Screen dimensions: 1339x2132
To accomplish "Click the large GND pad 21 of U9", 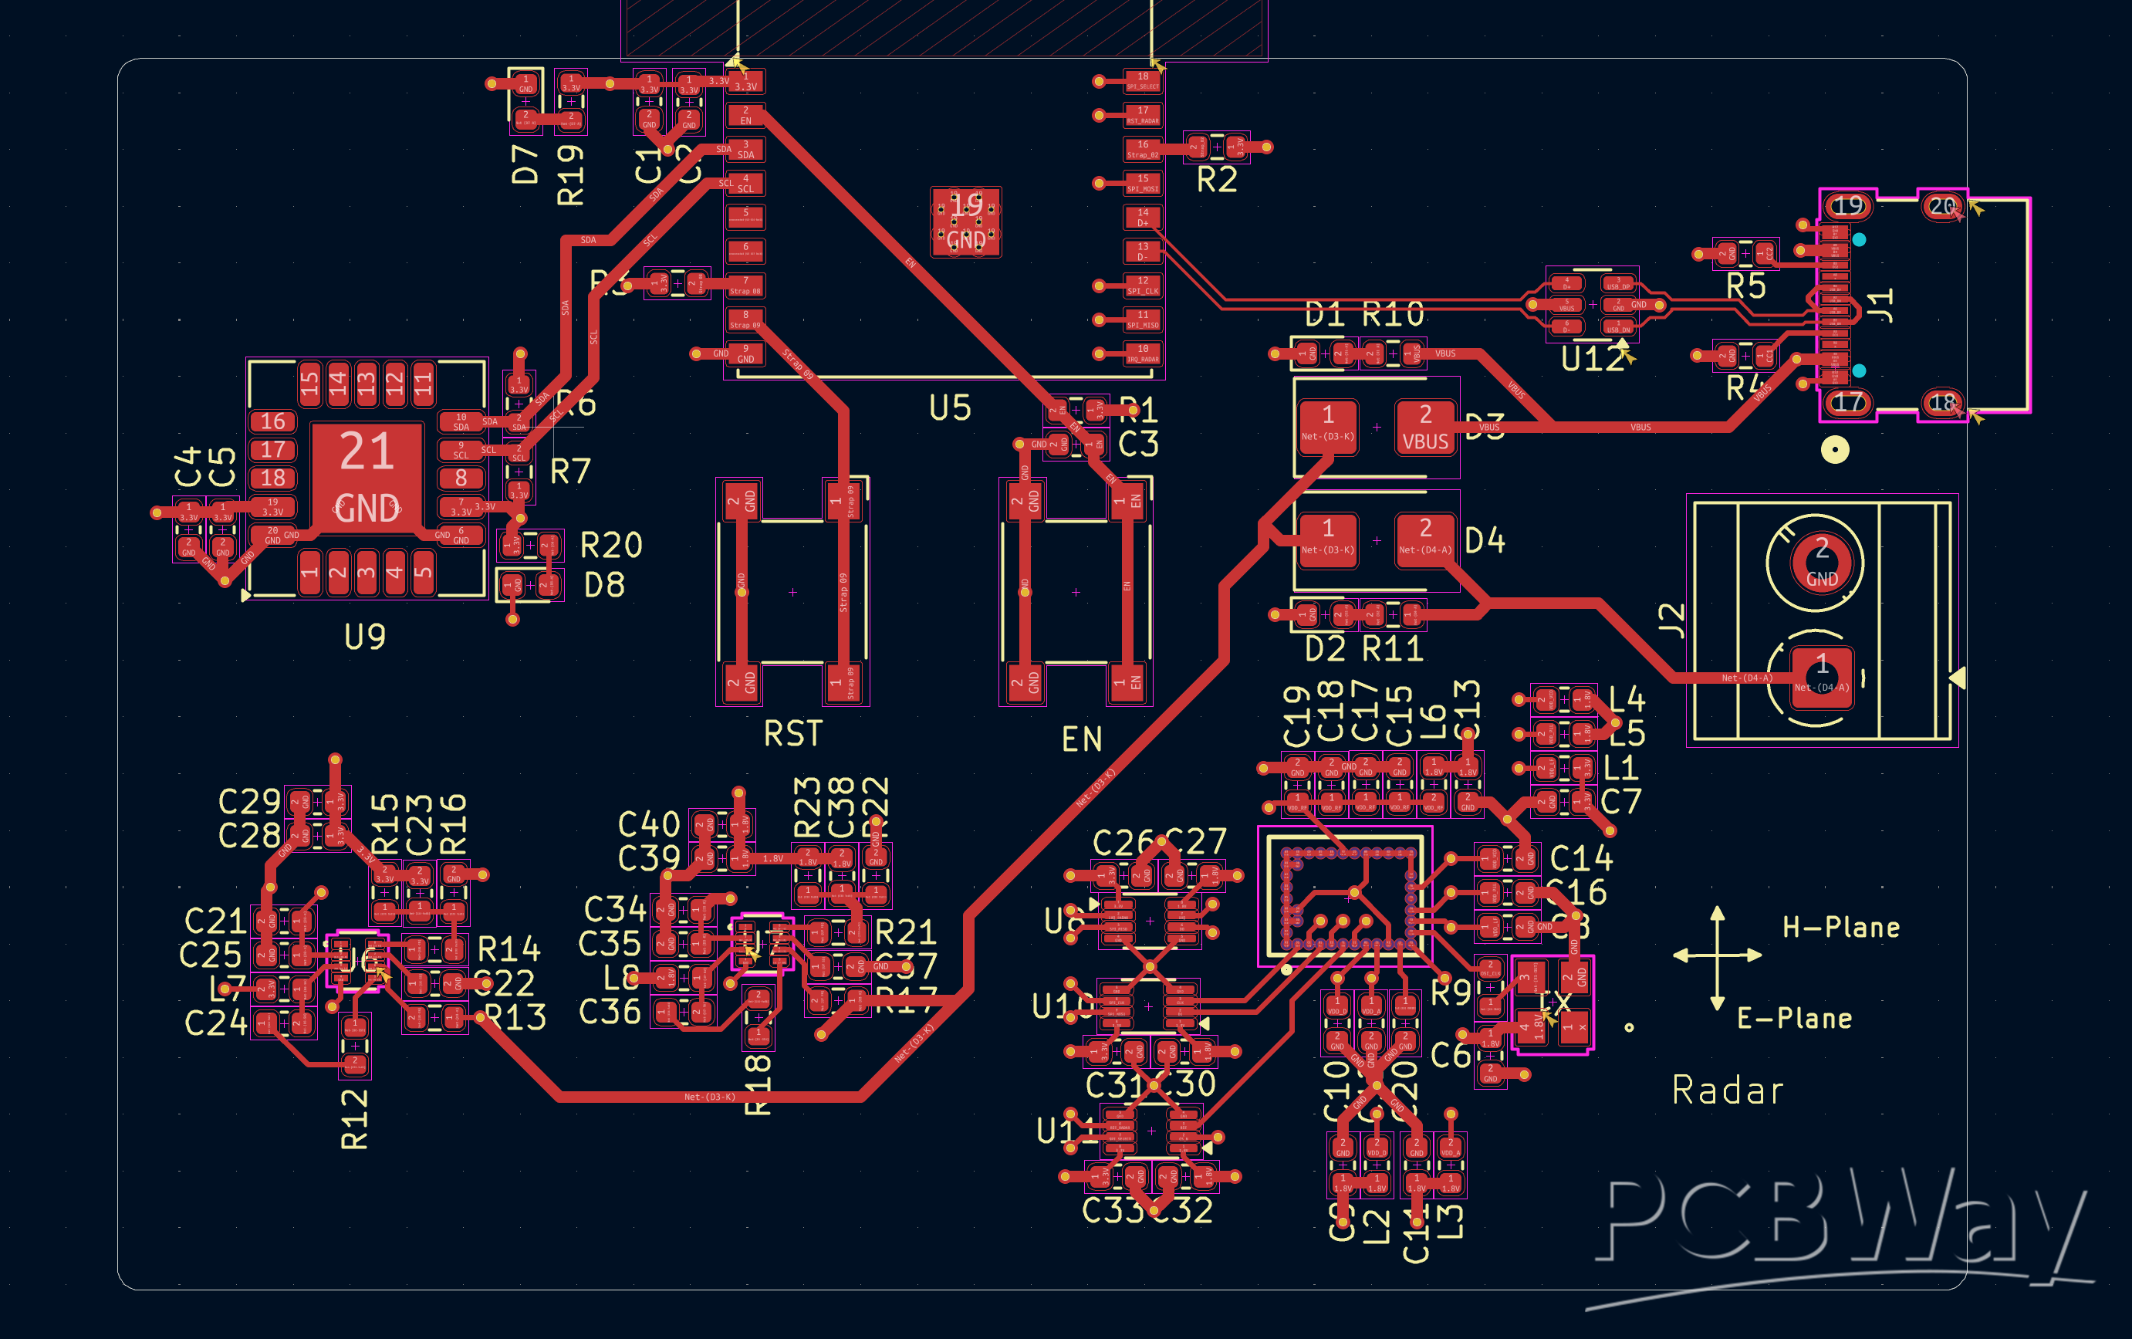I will click(367, 478).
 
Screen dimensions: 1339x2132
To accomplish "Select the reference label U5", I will click(950, 408).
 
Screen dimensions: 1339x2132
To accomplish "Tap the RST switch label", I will click(792, 734).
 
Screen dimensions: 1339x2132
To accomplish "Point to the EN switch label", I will click(1081, 739).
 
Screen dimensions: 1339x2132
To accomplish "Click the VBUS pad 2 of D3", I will click(1424, 427).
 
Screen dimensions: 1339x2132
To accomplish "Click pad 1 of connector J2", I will click(1821, 677).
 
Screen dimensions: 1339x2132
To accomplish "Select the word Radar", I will click(1728, 1090).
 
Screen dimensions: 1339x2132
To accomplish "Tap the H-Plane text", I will click(1840, 927).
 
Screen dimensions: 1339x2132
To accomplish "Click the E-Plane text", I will click(1794, 1019).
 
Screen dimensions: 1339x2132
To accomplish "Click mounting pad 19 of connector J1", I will click(1848, 206).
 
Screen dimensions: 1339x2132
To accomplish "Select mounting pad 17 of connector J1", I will click(1848, 403).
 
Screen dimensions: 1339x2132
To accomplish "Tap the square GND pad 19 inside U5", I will click(965, 221).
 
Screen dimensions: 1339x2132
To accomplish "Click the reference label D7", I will click(525, 164).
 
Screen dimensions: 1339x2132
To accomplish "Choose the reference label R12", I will click(354, 1118).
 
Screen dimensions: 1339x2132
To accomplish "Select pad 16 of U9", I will click(272, 421).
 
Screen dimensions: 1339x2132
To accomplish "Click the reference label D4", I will click(1485, 540).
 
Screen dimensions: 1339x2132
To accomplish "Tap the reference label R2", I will click(1217, 181).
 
